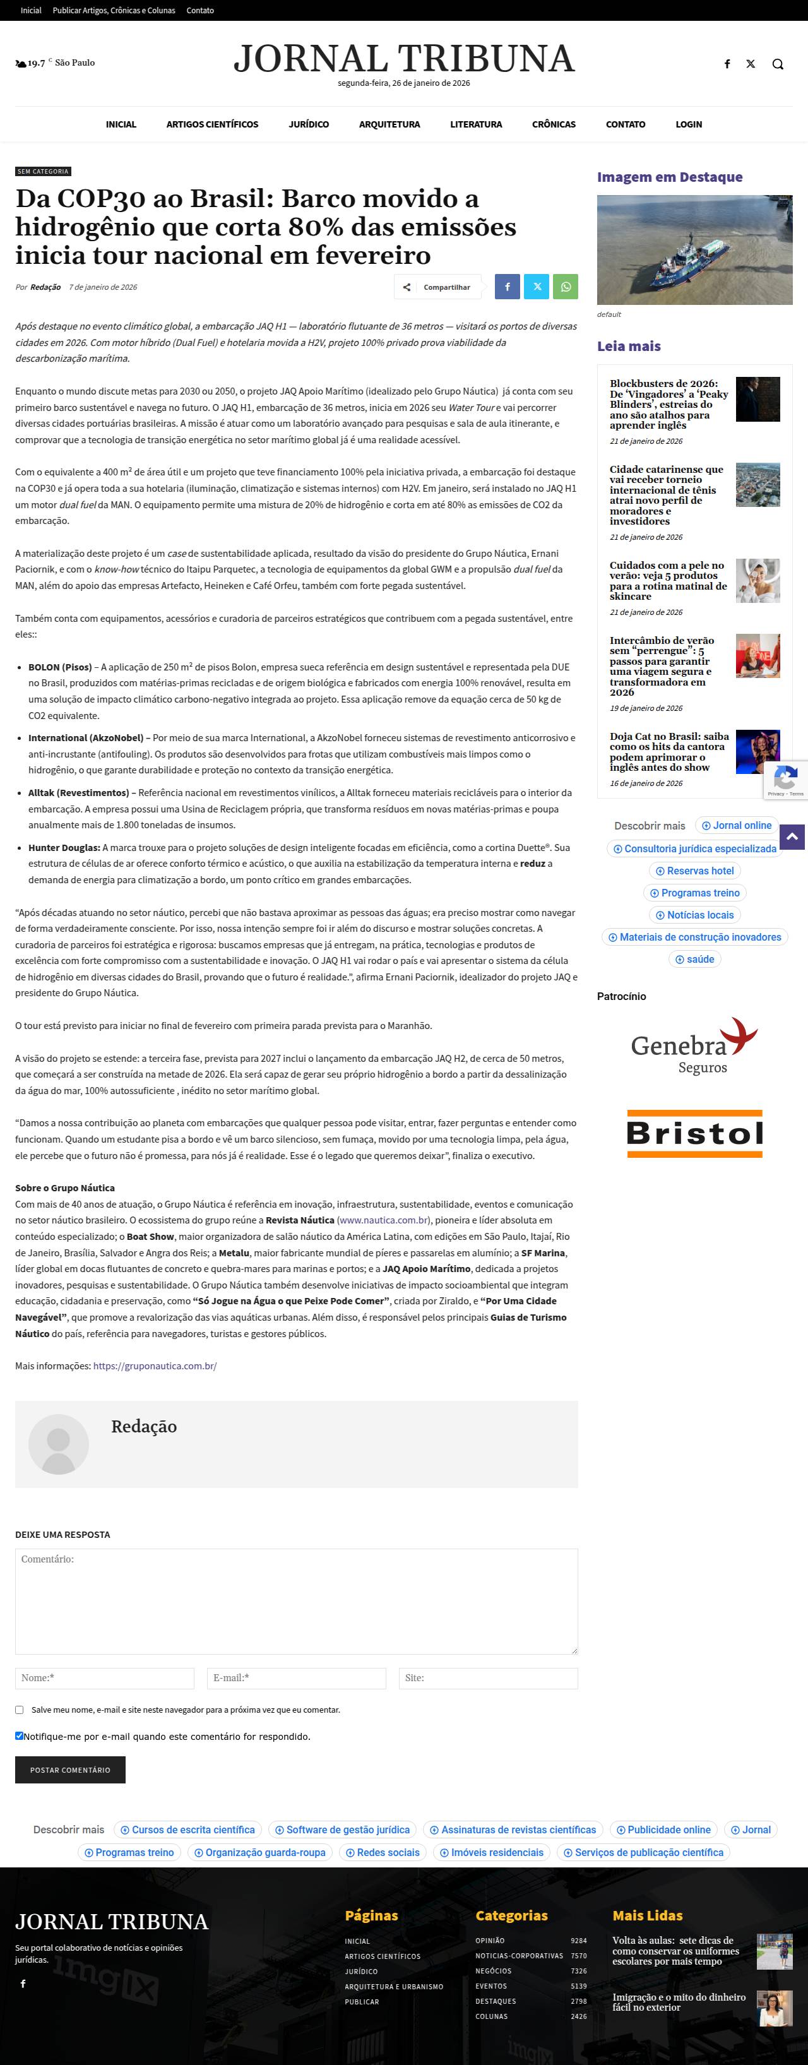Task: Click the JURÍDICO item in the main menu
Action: (309, 124)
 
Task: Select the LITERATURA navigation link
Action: (476, 124)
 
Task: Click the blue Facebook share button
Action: (507, 287)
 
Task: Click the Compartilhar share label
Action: (446, 287)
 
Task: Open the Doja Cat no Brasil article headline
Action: (669, 751)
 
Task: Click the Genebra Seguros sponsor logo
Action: (694, 1045)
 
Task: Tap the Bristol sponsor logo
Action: (694, 1133)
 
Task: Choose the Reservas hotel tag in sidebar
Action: (694, 871)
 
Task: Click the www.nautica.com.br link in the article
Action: (383, 1220)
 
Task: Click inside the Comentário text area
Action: (296, 1601)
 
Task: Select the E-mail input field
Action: (296, 1678)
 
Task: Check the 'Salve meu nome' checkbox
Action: (19, 1710)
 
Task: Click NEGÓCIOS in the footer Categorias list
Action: (493, 1970)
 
